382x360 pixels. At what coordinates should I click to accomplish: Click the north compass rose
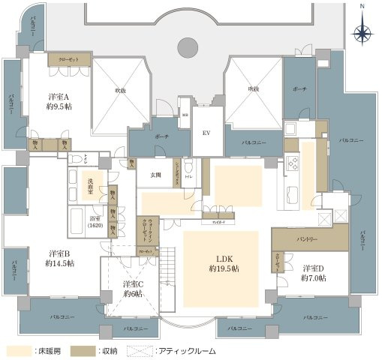[362, 32]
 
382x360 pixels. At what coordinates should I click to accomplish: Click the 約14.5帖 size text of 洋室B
[59, 263]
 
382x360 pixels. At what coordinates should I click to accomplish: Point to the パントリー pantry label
[307, 239]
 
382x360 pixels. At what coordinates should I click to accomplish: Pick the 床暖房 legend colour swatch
[16, 350]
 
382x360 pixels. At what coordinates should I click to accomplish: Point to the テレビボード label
[218, 219]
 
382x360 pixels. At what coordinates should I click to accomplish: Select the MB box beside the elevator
[185, 115]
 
